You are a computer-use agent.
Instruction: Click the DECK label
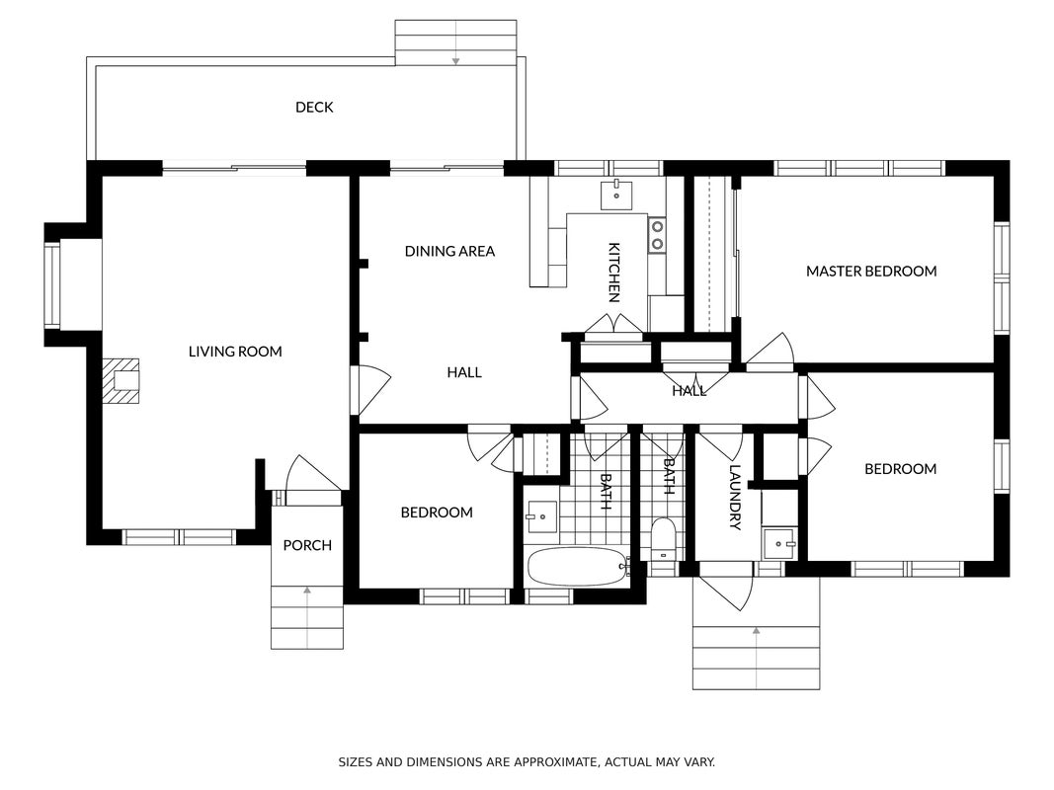314,108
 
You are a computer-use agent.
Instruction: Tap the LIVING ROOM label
234,352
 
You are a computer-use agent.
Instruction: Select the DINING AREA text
449,251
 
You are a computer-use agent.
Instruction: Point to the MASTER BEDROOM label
871,272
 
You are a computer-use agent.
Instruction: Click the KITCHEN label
613,273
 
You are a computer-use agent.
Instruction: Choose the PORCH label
307,545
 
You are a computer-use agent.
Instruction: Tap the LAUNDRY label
735,498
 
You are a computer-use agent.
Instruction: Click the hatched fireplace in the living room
121,381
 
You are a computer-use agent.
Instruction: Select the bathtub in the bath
578,567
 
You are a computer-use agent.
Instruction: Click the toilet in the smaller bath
664,538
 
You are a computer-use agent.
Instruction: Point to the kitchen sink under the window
616,196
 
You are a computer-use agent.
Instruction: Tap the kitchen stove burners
657,234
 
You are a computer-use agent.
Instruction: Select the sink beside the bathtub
541,516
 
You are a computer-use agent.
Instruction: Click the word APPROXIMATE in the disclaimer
555,762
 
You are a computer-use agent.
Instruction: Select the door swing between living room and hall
369,390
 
